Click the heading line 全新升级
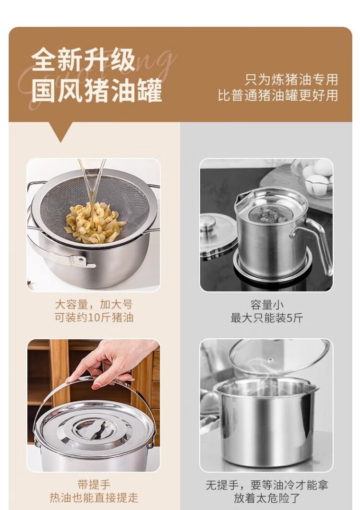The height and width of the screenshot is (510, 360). click(84, 60)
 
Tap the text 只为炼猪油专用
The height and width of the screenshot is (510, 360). click(291, 80)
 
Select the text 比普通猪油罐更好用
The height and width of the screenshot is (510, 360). click(278, 95)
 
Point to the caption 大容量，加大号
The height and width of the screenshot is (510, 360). click(94, 305)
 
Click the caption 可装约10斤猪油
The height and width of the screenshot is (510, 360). click(94, 317)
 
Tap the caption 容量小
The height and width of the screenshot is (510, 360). click(267, 305)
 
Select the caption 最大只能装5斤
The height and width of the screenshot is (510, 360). click(267, 318)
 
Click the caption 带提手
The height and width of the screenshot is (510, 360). click(94, 485)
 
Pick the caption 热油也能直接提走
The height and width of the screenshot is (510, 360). click(94, 498)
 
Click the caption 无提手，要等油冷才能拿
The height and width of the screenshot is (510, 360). click(267, 485)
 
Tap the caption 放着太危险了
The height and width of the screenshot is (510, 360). click(267, 498)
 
